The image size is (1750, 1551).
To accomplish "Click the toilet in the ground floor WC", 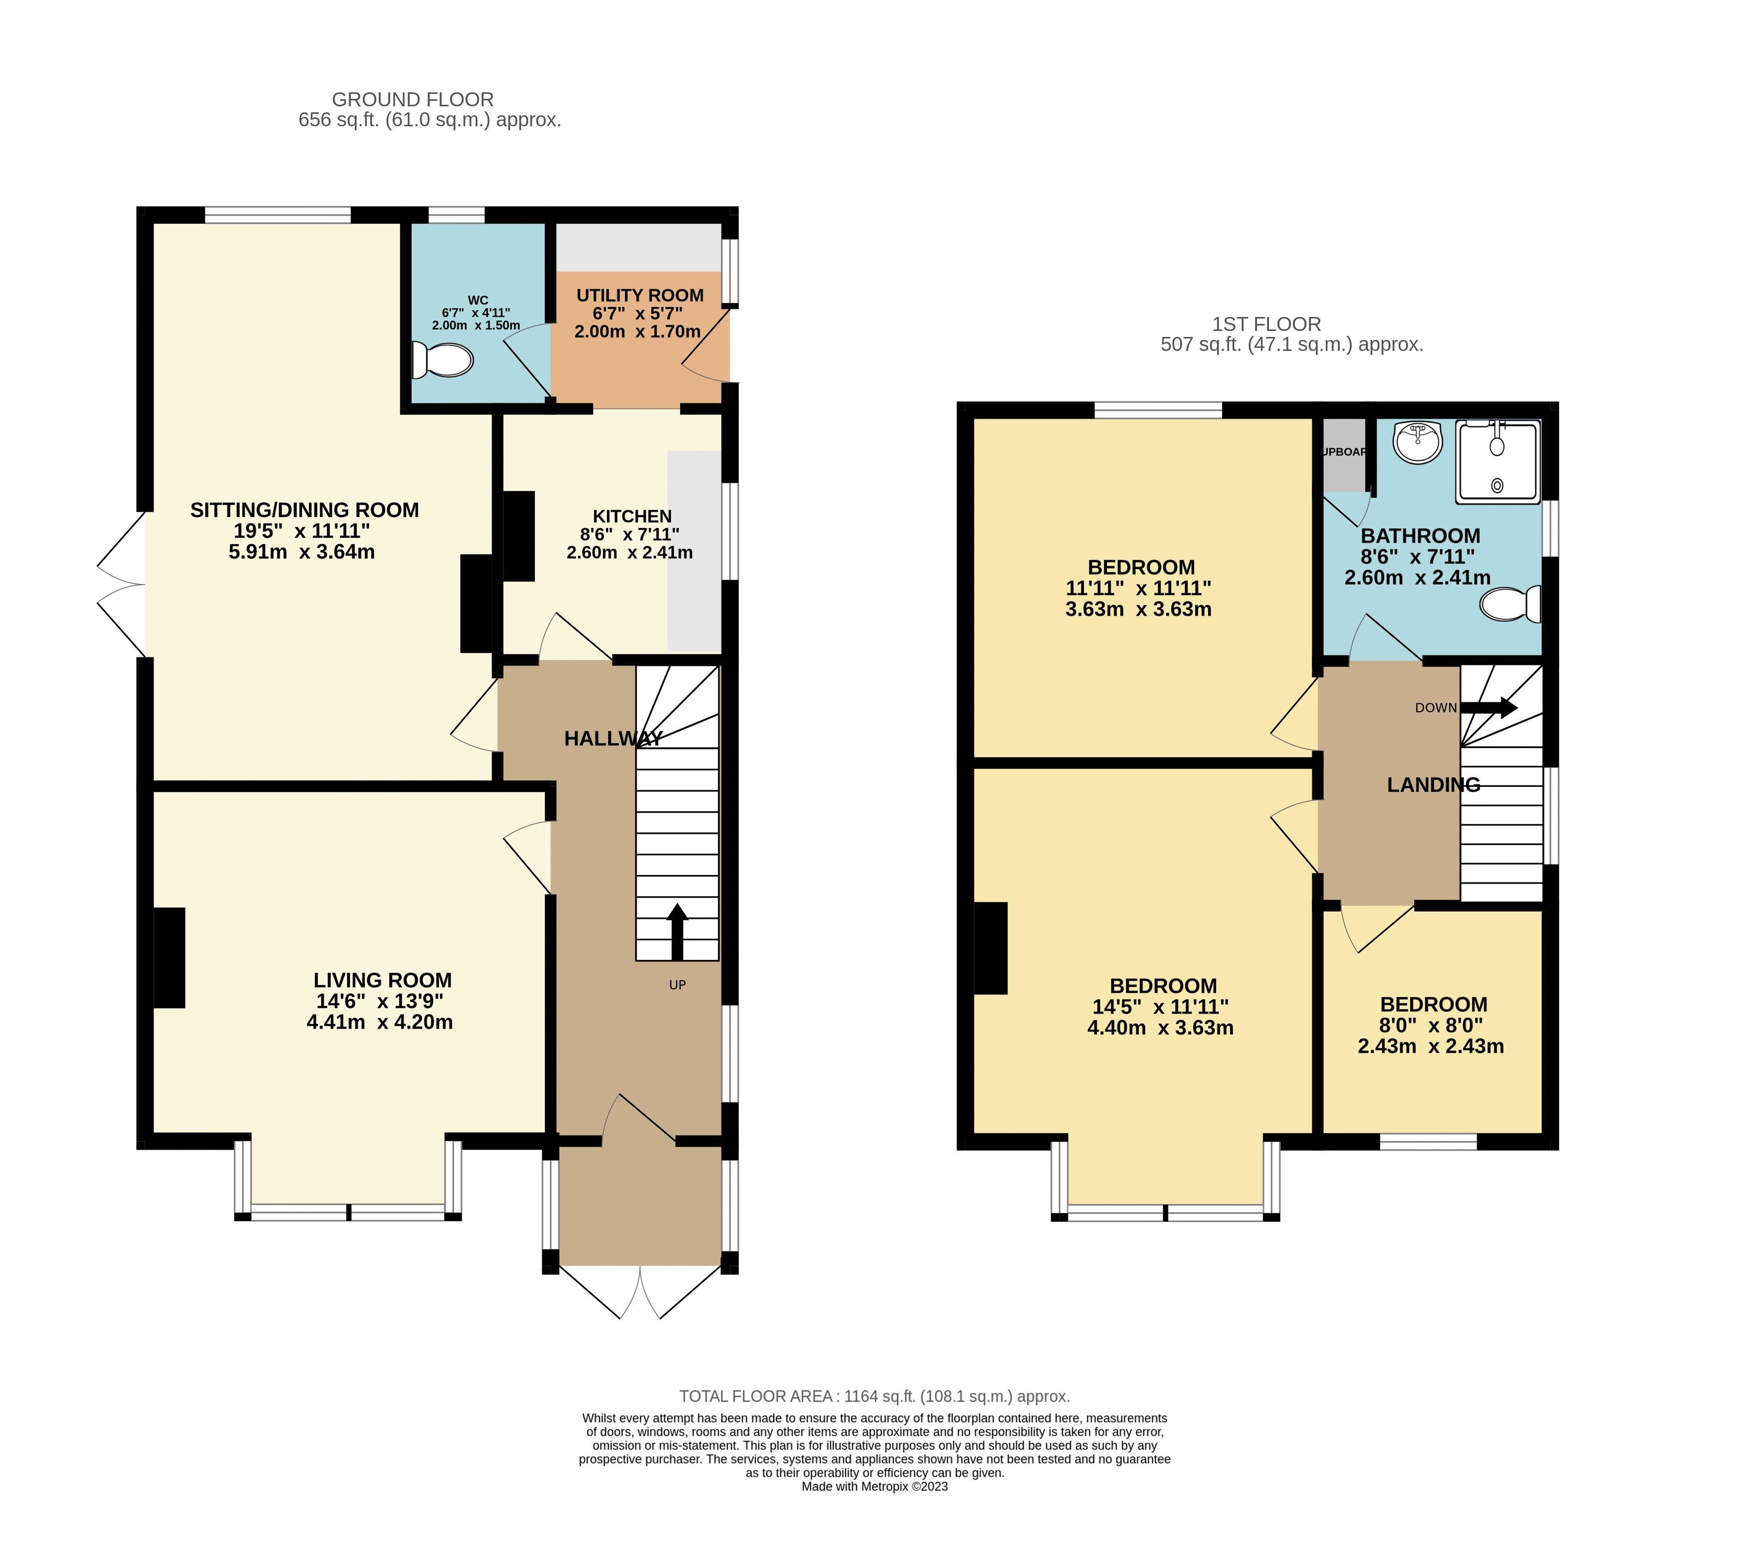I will [x=443, y=360].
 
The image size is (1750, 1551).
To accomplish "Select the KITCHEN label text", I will [x=632, y=516].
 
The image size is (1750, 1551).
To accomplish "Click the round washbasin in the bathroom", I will [x=1418, y=441].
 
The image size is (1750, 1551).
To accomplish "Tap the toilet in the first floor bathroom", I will [x=1511, y=604].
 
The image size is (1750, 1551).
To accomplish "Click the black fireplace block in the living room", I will [x=170, y=957].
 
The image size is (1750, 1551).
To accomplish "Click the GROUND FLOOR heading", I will [x=413, y=99].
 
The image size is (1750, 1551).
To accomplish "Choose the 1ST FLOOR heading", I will [x=1266, y=324].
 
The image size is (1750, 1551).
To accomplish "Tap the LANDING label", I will [x=1433, y=785].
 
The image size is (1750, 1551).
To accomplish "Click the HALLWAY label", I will [x=613, y=738].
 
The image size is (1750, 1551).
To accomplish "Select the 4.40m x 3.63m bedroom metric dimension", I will [x=1160, y=1028].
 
